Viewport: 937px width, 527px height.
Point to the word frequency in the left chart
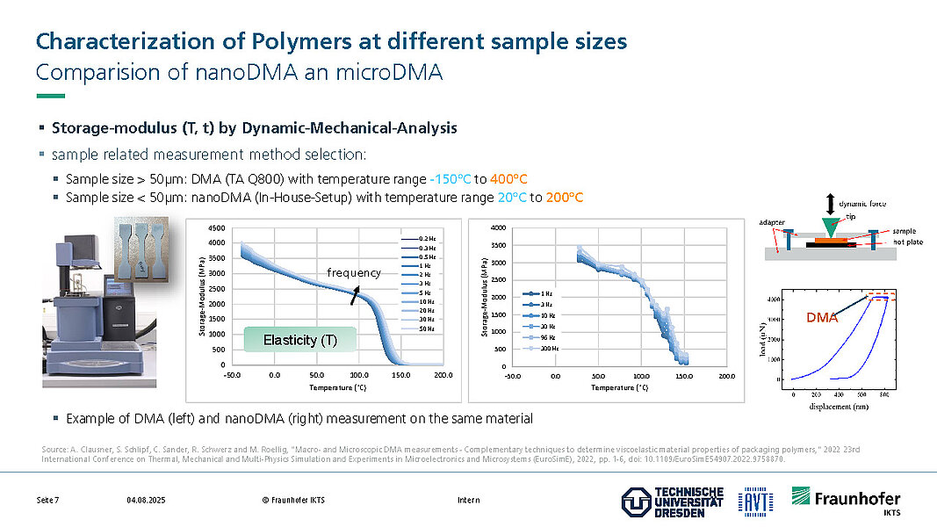354,272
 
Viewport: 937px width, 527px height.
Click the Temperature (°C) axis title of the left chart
335,386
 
